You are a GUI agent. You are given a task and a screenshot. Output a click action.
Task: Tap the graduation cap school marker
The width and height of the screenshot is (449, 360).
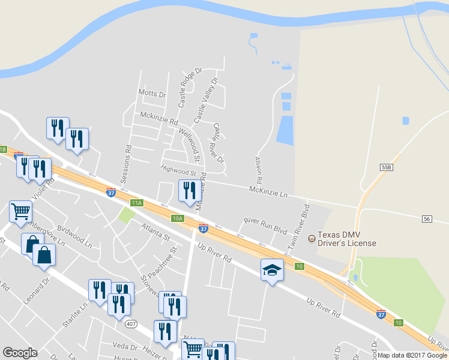click(271, 269)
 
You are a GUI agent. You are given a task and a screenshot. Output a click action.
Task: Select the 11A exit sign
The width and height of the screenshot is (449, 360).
click(137, 203)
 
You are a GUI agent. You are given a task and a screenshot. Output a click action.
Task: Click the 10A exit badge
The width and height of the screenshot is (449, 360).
click(177, 218)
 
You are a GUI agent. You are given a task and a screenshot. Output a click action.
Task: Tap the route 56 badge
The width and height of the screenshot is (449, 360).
click(427, 218)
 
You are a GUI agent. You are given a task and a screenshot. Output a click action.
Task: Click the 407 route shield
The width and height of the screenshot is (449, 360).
click(132, 324)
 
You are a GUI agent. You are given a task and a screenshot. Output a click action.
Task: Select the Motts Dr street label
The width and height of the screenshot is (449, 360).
click(151, 94)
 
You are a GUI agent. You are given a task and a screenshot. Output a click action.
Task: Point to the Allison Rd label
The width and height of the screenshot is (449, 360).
click(259, 171)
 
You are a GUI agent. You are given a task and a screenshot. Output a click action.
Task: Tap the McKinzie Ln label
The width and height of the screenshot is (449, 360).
click(268, 191)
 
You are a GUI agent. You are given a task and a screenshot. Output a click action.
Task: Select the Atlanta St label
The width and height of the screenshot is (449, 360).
click(156, 231)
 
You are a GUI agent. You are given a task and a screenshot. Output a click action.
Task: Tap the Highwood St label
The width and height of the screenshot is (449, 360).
click(179, 172)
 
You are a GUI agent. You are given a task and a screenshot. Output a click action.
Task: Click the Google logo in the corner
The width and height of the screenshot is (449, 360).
click(20, 353)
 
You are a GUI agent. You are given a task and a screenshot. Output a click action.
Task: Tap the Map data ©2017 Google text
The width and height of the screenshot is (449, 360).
click(412, 355)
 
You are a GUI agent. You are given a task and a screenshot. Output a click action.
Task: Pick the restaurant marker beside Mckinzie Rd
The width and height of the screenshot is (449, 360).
click(190, 191)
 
